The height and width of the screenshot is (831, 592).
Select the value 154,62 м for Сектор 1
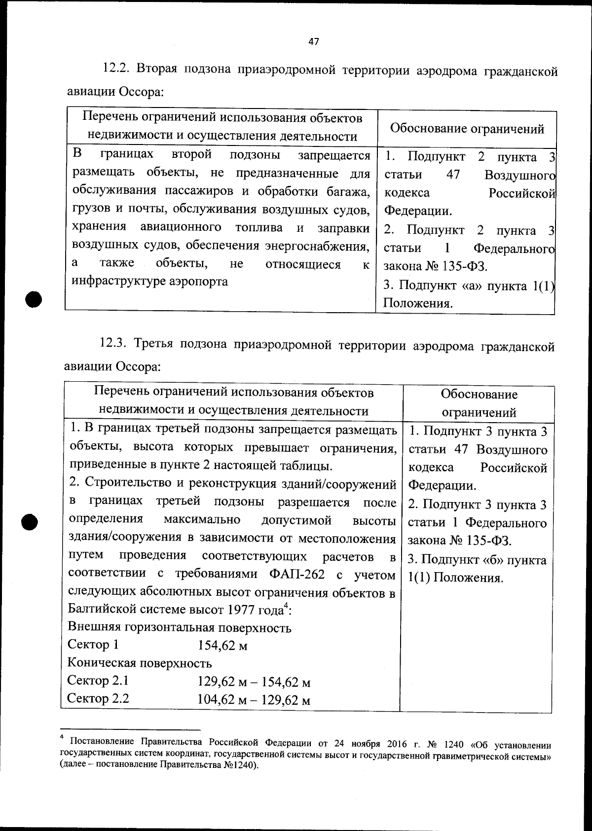(x=222, y=646)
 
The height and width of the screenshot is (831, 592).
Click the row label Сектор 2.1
(x=98, y=681)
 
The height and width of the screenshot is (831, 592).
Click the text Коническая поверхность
(x=140, y=663)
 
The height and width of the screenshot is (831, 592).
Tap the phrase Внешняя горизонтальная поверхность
(x=179, y=628)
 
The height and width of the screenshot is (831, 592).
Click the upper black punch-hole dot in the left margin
(x=33, y=299)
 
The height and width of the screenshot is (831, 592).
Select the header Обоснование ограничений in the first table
(x=467, y=129)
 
